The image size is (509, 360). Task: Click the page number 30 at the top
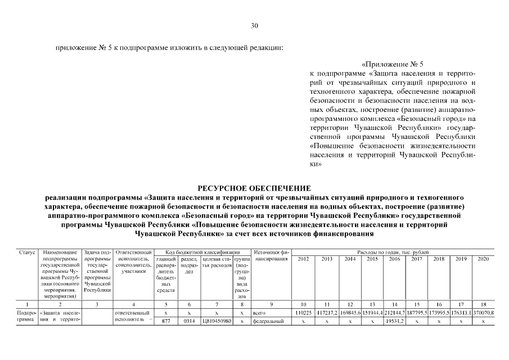(x=254, y=26)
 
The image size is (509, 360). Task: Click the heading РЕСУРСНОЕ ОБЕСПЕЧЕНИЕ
(x=254, y=188)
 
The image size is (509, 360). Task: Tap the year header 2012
(x=304, y=259)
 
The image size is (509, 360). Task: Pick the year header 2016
(x=394, y=259)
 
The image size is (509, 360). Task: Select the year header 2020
(x=483, y=259)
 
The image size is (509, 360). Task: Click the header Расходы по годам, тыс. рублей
(x=393, y=252)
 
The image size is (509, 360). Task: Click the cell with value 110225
(x=304, y=312)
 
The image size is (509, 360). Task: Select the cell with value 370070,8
(x=483, y=312)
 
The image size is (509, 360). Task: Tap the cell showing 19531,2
(x=394, y=321)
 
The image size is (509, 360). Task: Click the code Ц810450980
(x=215, y=321)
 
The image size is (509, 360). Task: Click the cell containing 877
(x=166, y=321)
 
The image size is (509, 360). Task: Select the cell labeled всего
(x=259, y=312)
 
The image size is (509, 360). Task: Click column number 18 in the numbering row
(x=483, y=304)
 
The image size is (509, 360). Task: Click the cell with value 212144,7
(x=394, y=312)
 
